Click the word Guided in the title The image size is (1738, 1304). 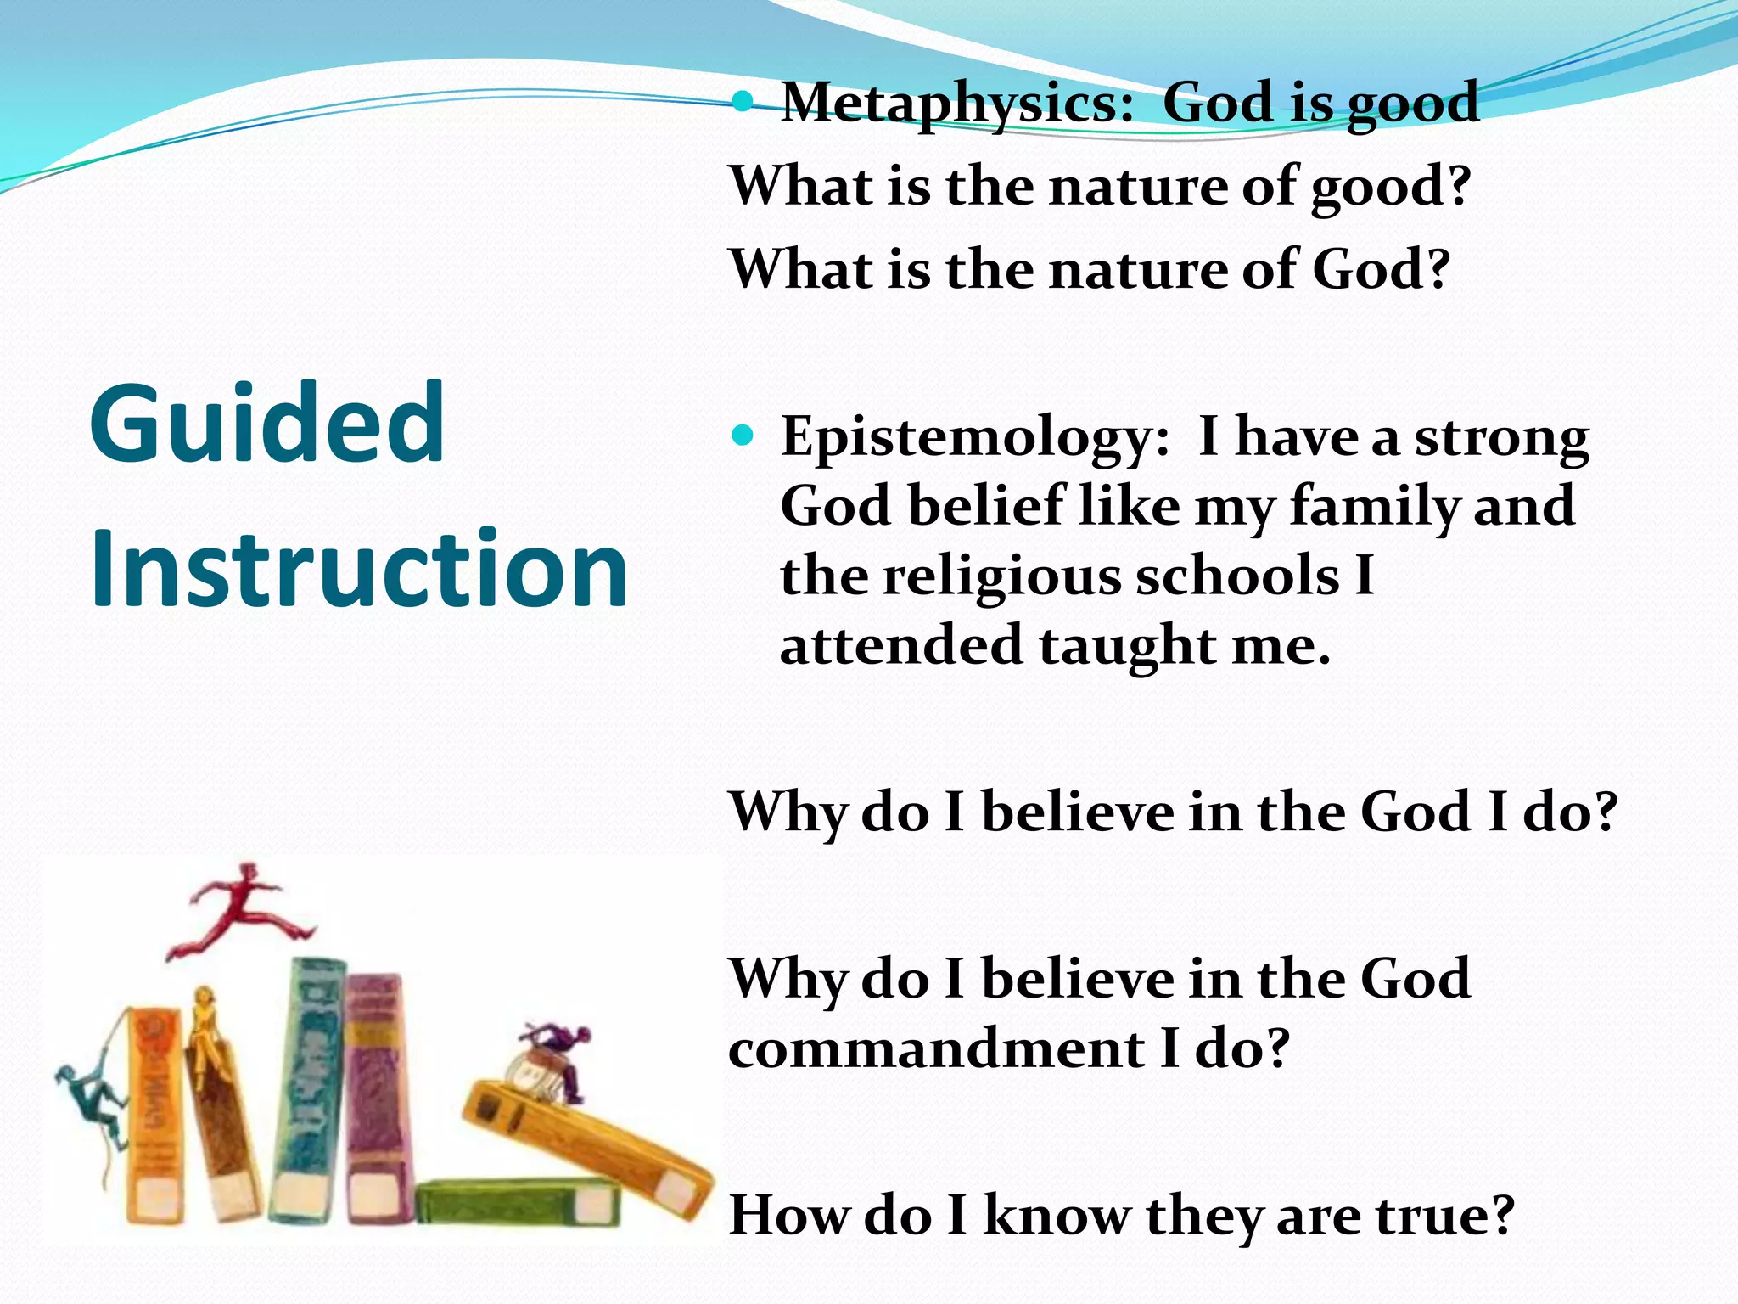click(266, 424)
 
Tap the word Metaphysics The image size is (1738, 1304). click(957, 104)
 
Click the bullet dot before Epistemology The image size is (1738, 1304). click(743, 436)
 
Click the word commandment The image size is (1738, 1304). click(936, 1049)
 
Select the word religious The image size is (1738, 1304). click(1001, 577)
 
